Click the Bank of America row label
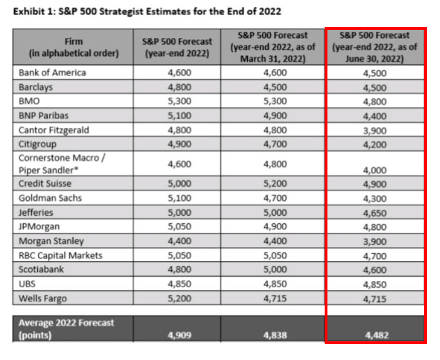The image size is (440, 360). (x=52, y=73)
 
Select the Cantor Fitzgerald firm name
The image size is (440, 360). (x=54, y=130)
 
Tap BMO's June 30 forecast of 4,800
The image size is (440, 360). (x=375, y=102)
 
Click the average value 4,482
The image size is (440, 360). (x=375, y=335)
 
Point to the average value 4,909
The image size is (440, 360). (x=179, y=335)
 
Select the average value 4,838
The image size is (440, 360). (x=275, y=335)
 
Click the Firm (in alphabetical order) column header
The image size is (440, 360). (x=74, y=47)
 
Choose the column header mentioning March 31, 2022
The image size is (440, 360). (x=275, y=47)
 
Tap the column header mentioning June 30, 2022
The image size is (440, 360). (x=375, y=47)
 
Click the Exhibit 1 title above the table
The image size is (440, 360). (x=147, y=11)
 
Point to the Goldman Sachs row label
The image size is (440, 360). (x=50, y=198)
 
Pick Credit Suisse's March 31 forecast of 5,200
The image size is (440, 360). (x=275, y=184)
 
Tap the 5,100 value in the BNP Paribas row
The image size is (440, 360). (x=179, y=116)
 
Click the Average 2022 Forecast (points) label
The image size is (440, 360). (x=66, y=328)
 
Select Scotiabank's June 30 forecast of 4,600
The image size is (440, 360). (x=375, y=270)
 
